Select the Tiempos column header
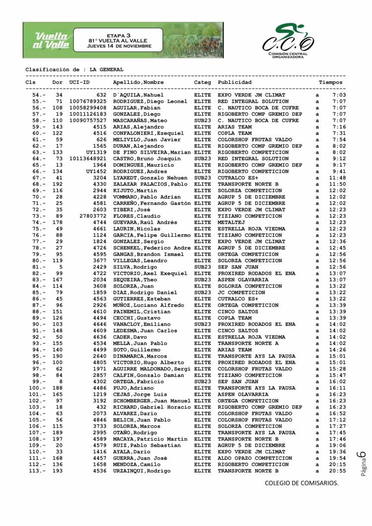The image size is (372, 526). tap(331, 82)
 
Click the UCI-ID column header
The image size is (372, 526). tap(79, 82)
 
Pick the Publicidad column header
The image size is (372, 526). tap(235, 82)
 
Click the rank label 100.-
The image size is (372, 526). tap(37, 388)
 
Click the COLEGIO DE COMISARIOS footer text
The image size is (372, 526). tap(301, 483)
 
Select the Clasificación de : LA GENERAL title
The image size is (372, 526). tap(74, 70)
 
